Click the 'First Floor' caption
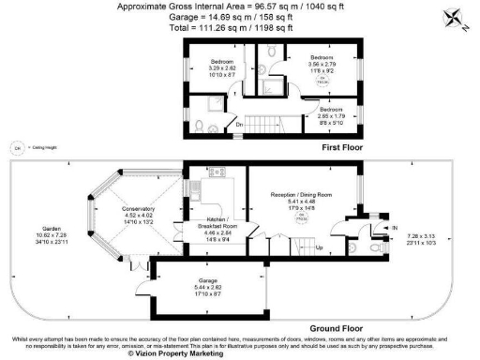[x=343, y=149]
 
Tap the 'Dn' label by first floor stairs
[x=240, y=125]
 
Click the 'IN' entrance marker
[x=395, y=227]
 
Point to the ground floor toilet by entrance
[x=378, y=250]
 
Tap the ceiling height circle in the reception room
[x=303, y=217]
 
